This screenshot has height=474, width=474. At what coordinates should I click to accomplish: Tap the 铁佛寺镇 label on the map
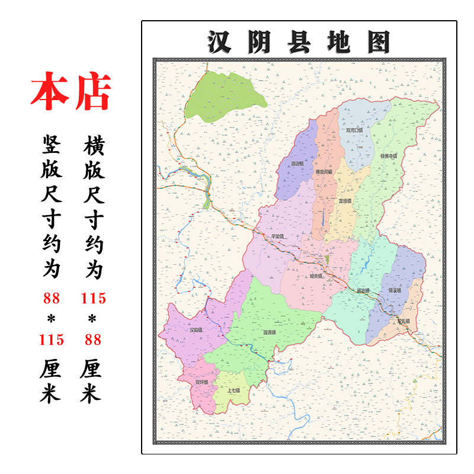click(388, 156)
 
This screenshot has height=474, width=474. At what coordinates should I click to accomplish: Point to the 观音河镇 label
click(324, 172)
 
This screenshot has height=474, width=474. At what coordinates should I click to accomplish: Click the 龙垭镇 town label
click(344, 201)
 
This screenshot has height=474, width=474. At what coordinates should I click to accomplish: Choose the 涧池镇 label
click(363, 291)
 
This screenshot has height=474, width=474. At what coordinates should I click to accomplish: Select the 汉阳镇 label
click(196, 329)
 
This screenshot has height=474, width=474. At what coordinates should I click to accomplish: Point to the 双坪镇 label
click(203, 382)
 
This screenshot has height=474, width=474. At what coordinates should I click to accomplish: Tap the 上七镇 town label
click(233, 391)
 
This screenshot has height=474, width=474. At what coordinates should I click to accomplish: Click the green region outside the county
click(223, 98)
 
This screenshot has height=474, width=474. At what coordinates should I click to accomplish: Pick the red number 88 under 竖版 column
click(52, 298)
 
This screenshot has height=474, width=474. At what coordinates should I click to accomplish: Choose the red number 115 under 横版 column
click(93, 298)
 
